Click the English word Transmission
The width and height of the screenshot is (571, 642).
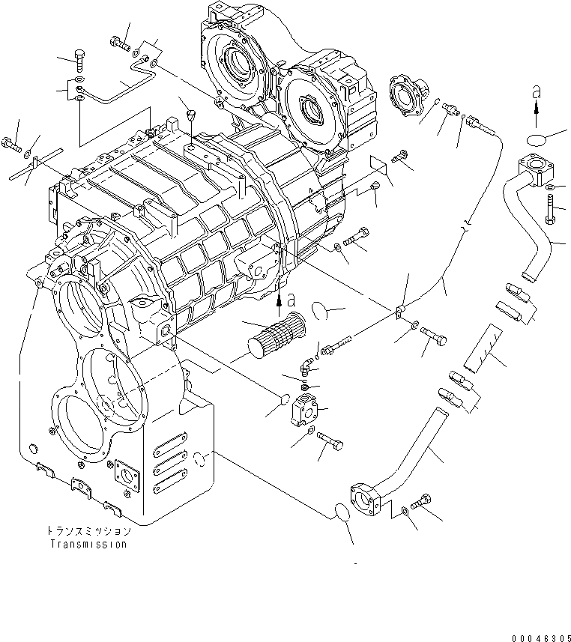[89, 545]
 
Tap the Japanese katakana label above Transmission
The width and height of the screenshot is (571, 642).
[88, 531]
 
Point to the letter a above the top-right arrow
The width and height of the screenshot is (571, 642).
[536, 91]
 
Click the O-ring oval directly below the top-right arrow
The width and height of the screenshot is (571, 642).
[535, 139]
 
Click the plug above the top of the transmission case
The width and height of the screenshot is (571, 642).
[190, 116]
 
